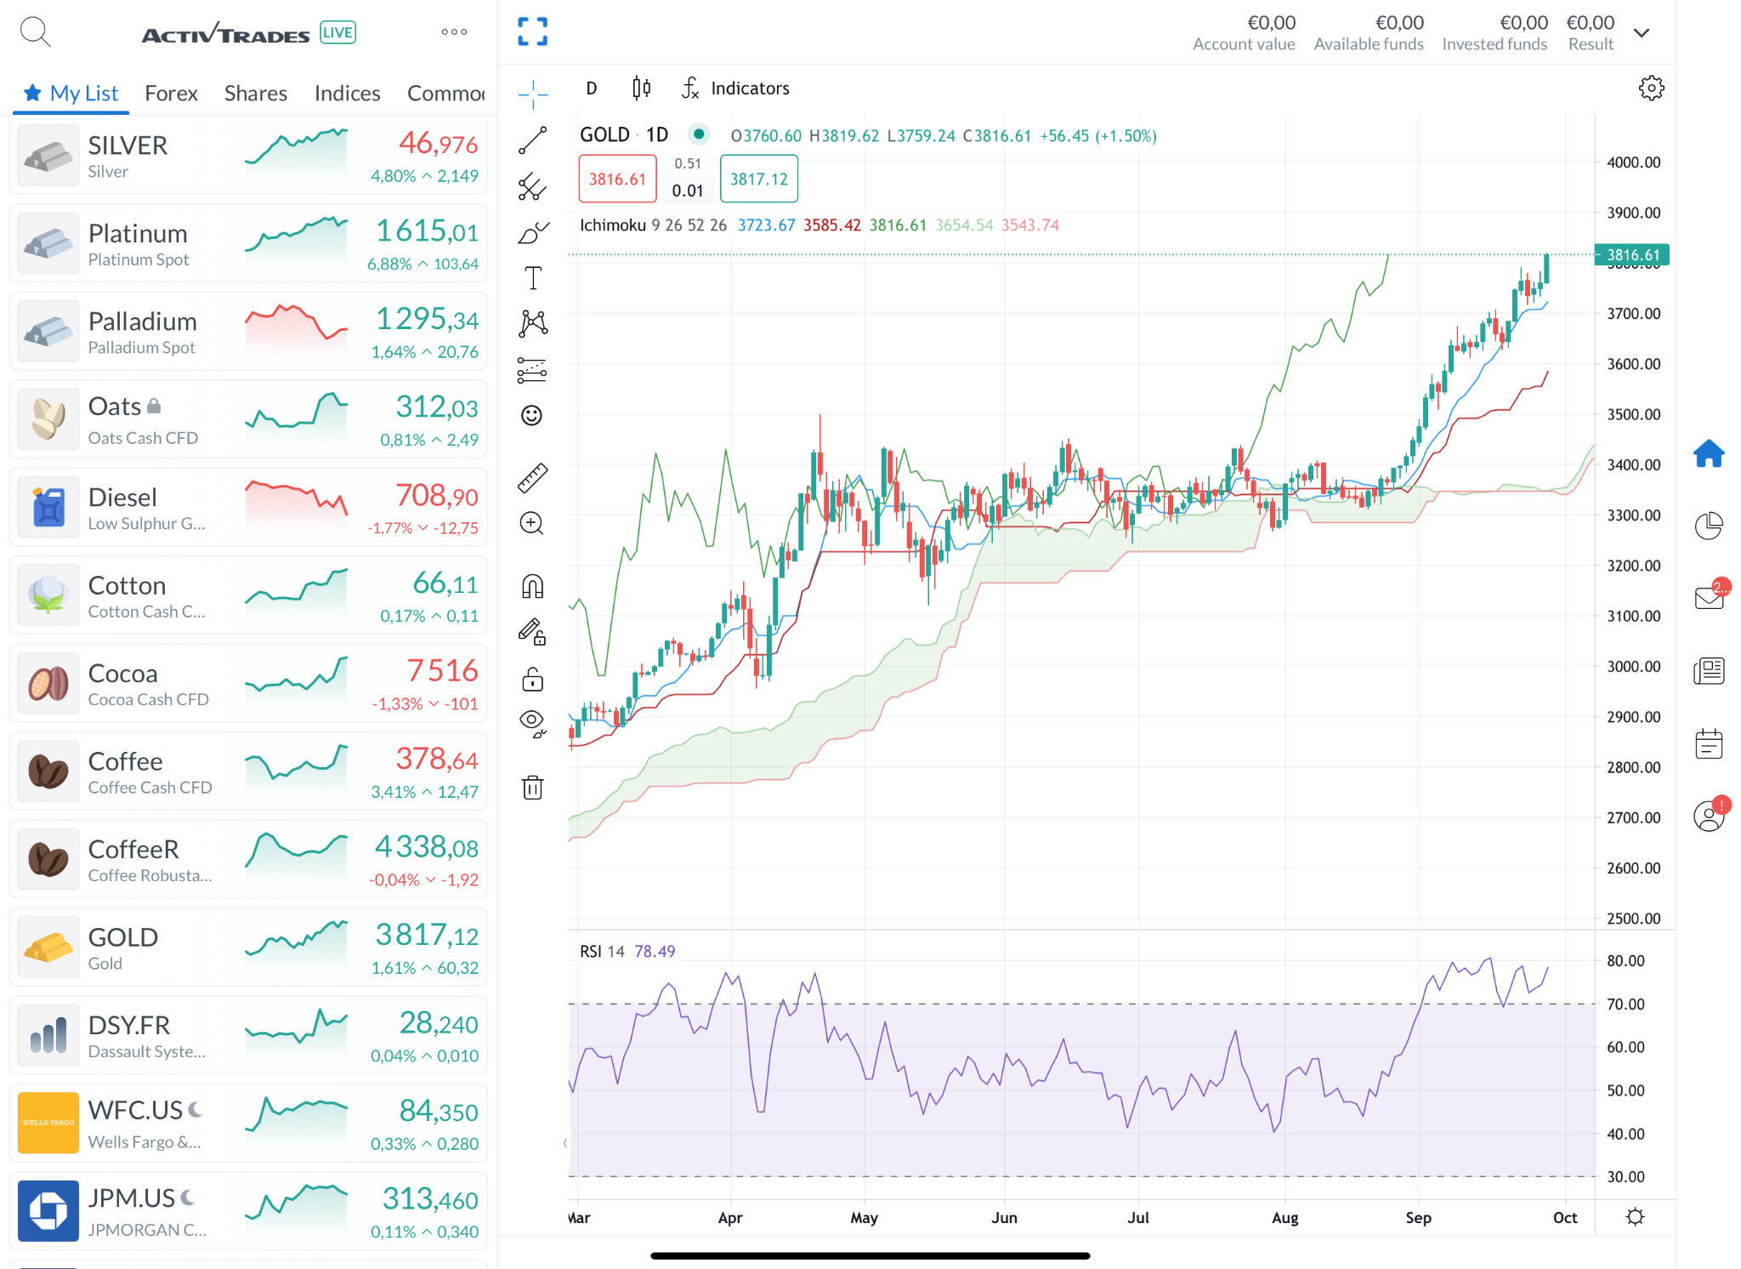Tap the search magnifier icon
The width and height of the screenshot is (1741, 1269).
point(35,32)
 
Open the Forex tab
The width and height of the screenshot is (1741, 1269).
point(171,93)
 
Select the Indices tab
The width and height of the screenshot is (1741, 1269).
point(347,93)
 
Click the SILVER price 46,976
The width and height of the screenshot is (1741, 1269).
point(438,144)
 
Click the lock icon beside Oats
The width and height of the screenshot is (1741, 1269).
point(154,406)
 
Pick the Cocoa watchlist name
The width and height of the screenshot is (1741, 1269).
point(123,673)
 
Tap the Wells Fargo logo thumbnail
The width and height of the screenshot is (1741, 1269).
point(48,1122)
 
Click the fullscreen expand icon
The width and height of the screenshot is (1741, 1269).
point(532,32)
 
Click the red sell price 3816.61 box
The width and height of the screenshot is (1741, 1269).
point(618,179)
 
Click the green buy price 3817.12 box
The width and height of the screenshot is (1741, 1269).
point(759,179)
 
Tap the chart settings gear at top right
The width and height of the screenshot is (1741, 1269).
point(1651,88)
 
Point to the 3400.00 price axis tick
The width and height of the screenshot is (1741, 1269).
point(1633,464)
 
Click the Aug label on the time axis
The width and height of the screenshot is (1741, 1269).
point(1284,1217)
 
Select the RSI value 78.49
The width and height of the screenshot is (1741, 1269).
point(655,951)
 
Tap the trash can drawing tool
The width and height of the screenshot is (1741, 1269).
point(532,788)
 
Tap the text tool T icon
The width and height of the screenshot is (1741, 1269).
point(533,278)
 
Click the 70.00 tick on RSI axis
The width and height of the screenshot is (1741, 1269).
point(1625,1004)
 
